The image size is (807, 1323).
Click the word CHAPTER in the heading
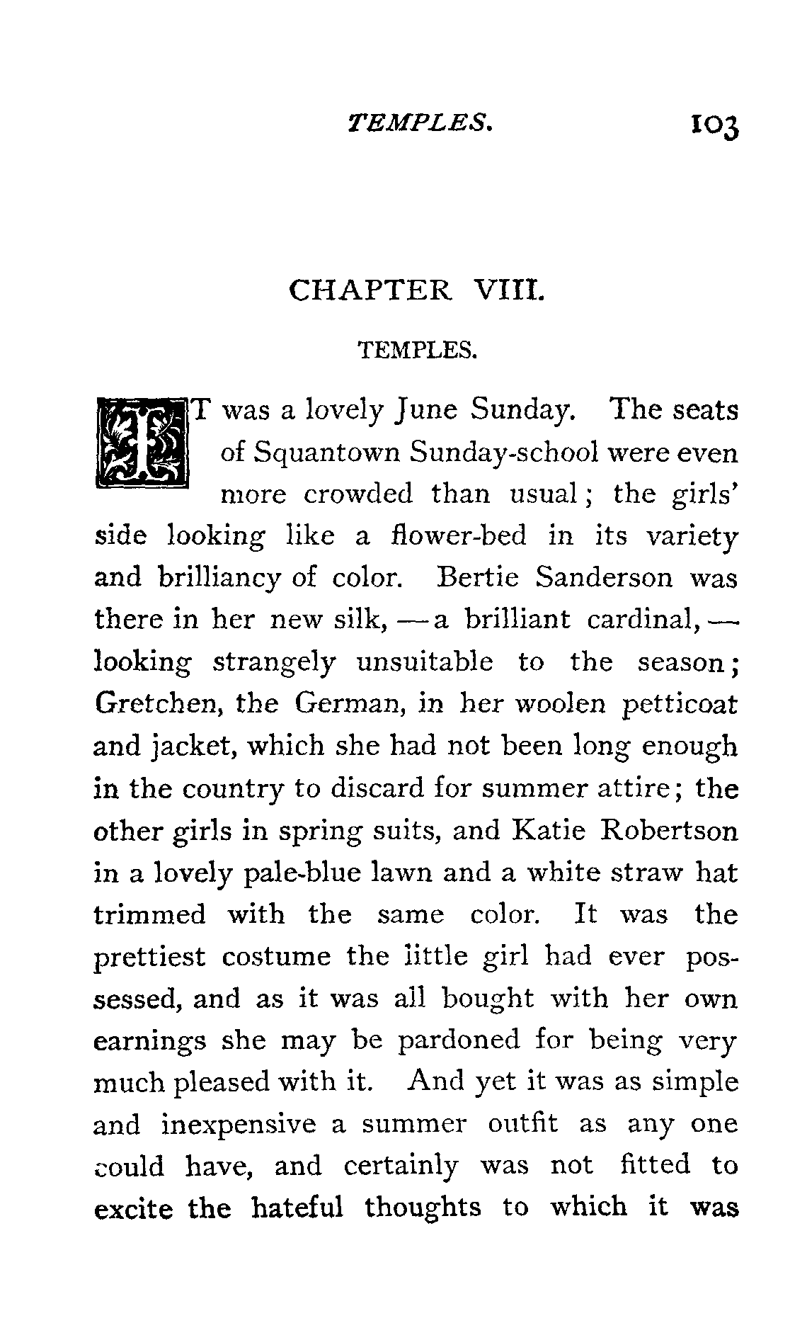370,290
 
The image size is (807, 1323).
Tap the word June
427,411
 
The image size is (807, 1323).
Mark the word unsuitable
425,662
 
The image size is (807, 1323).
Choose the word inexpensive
238,1125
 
